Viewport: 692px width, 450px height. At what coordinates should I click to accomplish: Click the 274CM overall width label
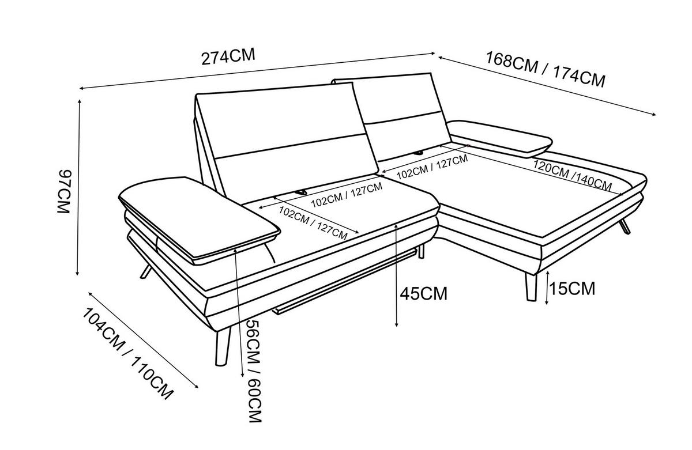228,56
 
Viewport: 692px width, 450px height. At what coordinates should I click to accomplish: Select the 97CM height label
65,191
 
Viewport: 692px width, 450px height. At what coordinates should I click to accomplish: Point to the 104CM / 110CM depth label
128,354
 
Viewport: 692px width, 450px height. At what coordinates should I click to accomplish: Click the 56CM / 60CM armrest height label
255,371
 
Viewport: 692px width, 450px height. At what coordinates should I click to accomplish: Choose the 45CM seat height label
423,293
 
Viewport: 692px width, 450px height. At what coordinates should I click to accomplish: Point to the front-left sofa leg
222,347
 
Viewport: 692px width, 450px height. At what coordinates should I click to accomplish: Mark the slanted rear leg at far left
146,271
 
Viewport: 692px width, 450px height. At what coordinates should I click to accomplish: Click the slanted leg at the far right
625,227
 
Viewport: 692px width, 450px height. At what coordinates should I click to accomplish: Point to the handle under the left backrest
300,192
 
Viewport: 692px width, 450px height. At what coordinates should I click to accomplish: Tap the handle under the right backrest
419,153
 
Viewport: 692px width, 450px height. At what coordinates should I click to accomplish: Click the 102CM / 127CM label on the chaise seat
432,167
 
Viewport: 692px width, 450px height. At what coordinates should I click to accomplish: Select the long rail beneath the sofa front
344,282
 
